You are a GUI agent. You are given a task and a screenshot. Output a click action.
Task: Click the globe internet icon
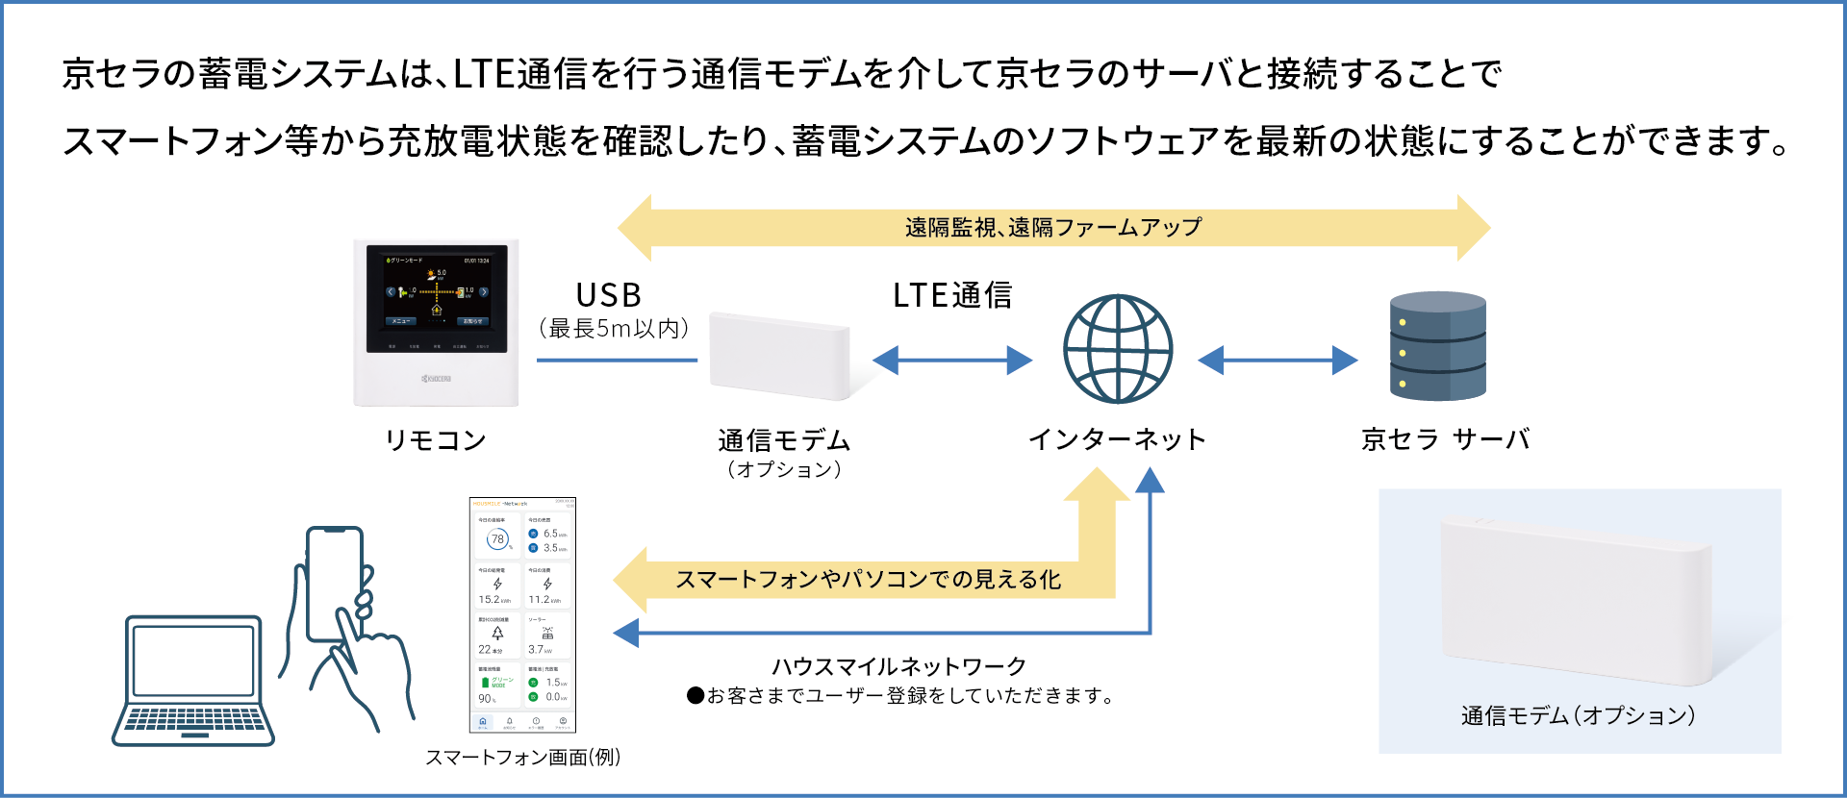pos(1118,349)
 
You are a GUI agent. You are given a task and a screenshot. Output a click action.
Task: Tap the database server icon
pos(1438,346)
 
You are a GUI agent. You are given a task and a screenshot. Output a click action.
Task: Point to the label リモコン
pos(436,440)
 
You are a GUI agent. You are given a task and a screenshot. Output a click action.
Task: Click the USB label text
pos(609,295)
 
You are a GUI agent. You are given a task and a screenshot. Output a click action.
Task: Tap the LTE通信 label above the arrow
pos(952,295)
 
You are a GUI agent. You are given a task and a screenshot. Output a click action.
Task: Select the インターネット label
pos(1117,439)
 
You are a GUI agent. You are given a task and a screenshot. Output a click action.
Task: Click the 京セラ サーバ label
pos(1445,439)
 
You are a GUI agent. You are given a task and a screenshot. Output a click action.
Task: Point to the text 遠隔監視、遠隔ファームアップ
pos(1053,228)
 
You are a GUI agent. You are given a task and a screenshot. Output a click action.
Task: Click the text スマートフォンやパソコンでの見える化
pos(868,580)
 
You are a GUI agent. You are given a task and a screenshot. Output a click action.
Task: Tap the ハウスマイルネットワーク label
pos(899,666)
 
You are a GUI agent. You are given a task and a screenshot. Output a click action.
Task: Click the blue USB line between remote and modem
pos(617,361)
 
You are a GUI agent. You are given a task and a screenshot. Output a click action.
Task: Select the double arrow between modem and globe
pos(952,361)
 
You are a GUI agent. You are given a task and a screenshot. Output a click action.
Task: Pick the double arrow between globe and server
pos(1278,361)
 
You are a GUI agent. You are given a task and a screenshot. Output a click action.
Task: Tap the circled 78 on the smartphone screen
pos(497,539)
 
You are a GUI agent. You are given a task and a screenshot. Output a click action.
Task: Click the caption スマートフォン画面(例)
pos(523,758)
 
